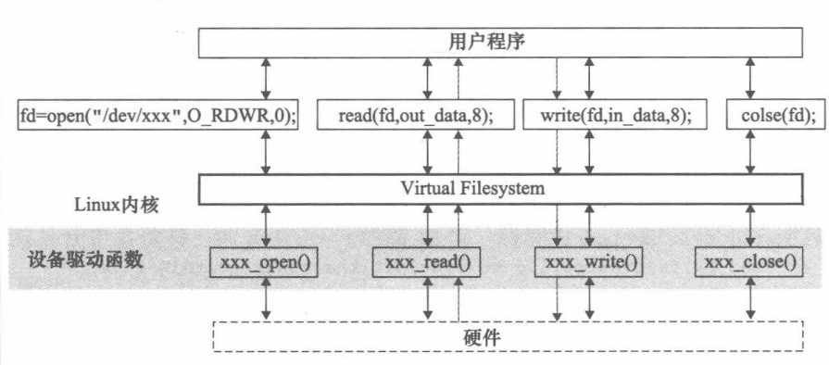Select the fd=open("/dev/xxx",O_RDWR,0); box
point(157,116)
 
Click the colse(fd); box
point(778,116)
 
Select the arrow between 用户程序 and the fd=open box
point(266,78)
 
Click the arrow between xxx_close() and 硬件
point(749,299)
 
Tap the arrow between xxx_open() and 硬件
point(266,299)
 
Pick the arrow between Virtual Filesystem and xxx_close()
point(749,225)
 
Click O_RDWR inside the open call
point(223,116)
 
